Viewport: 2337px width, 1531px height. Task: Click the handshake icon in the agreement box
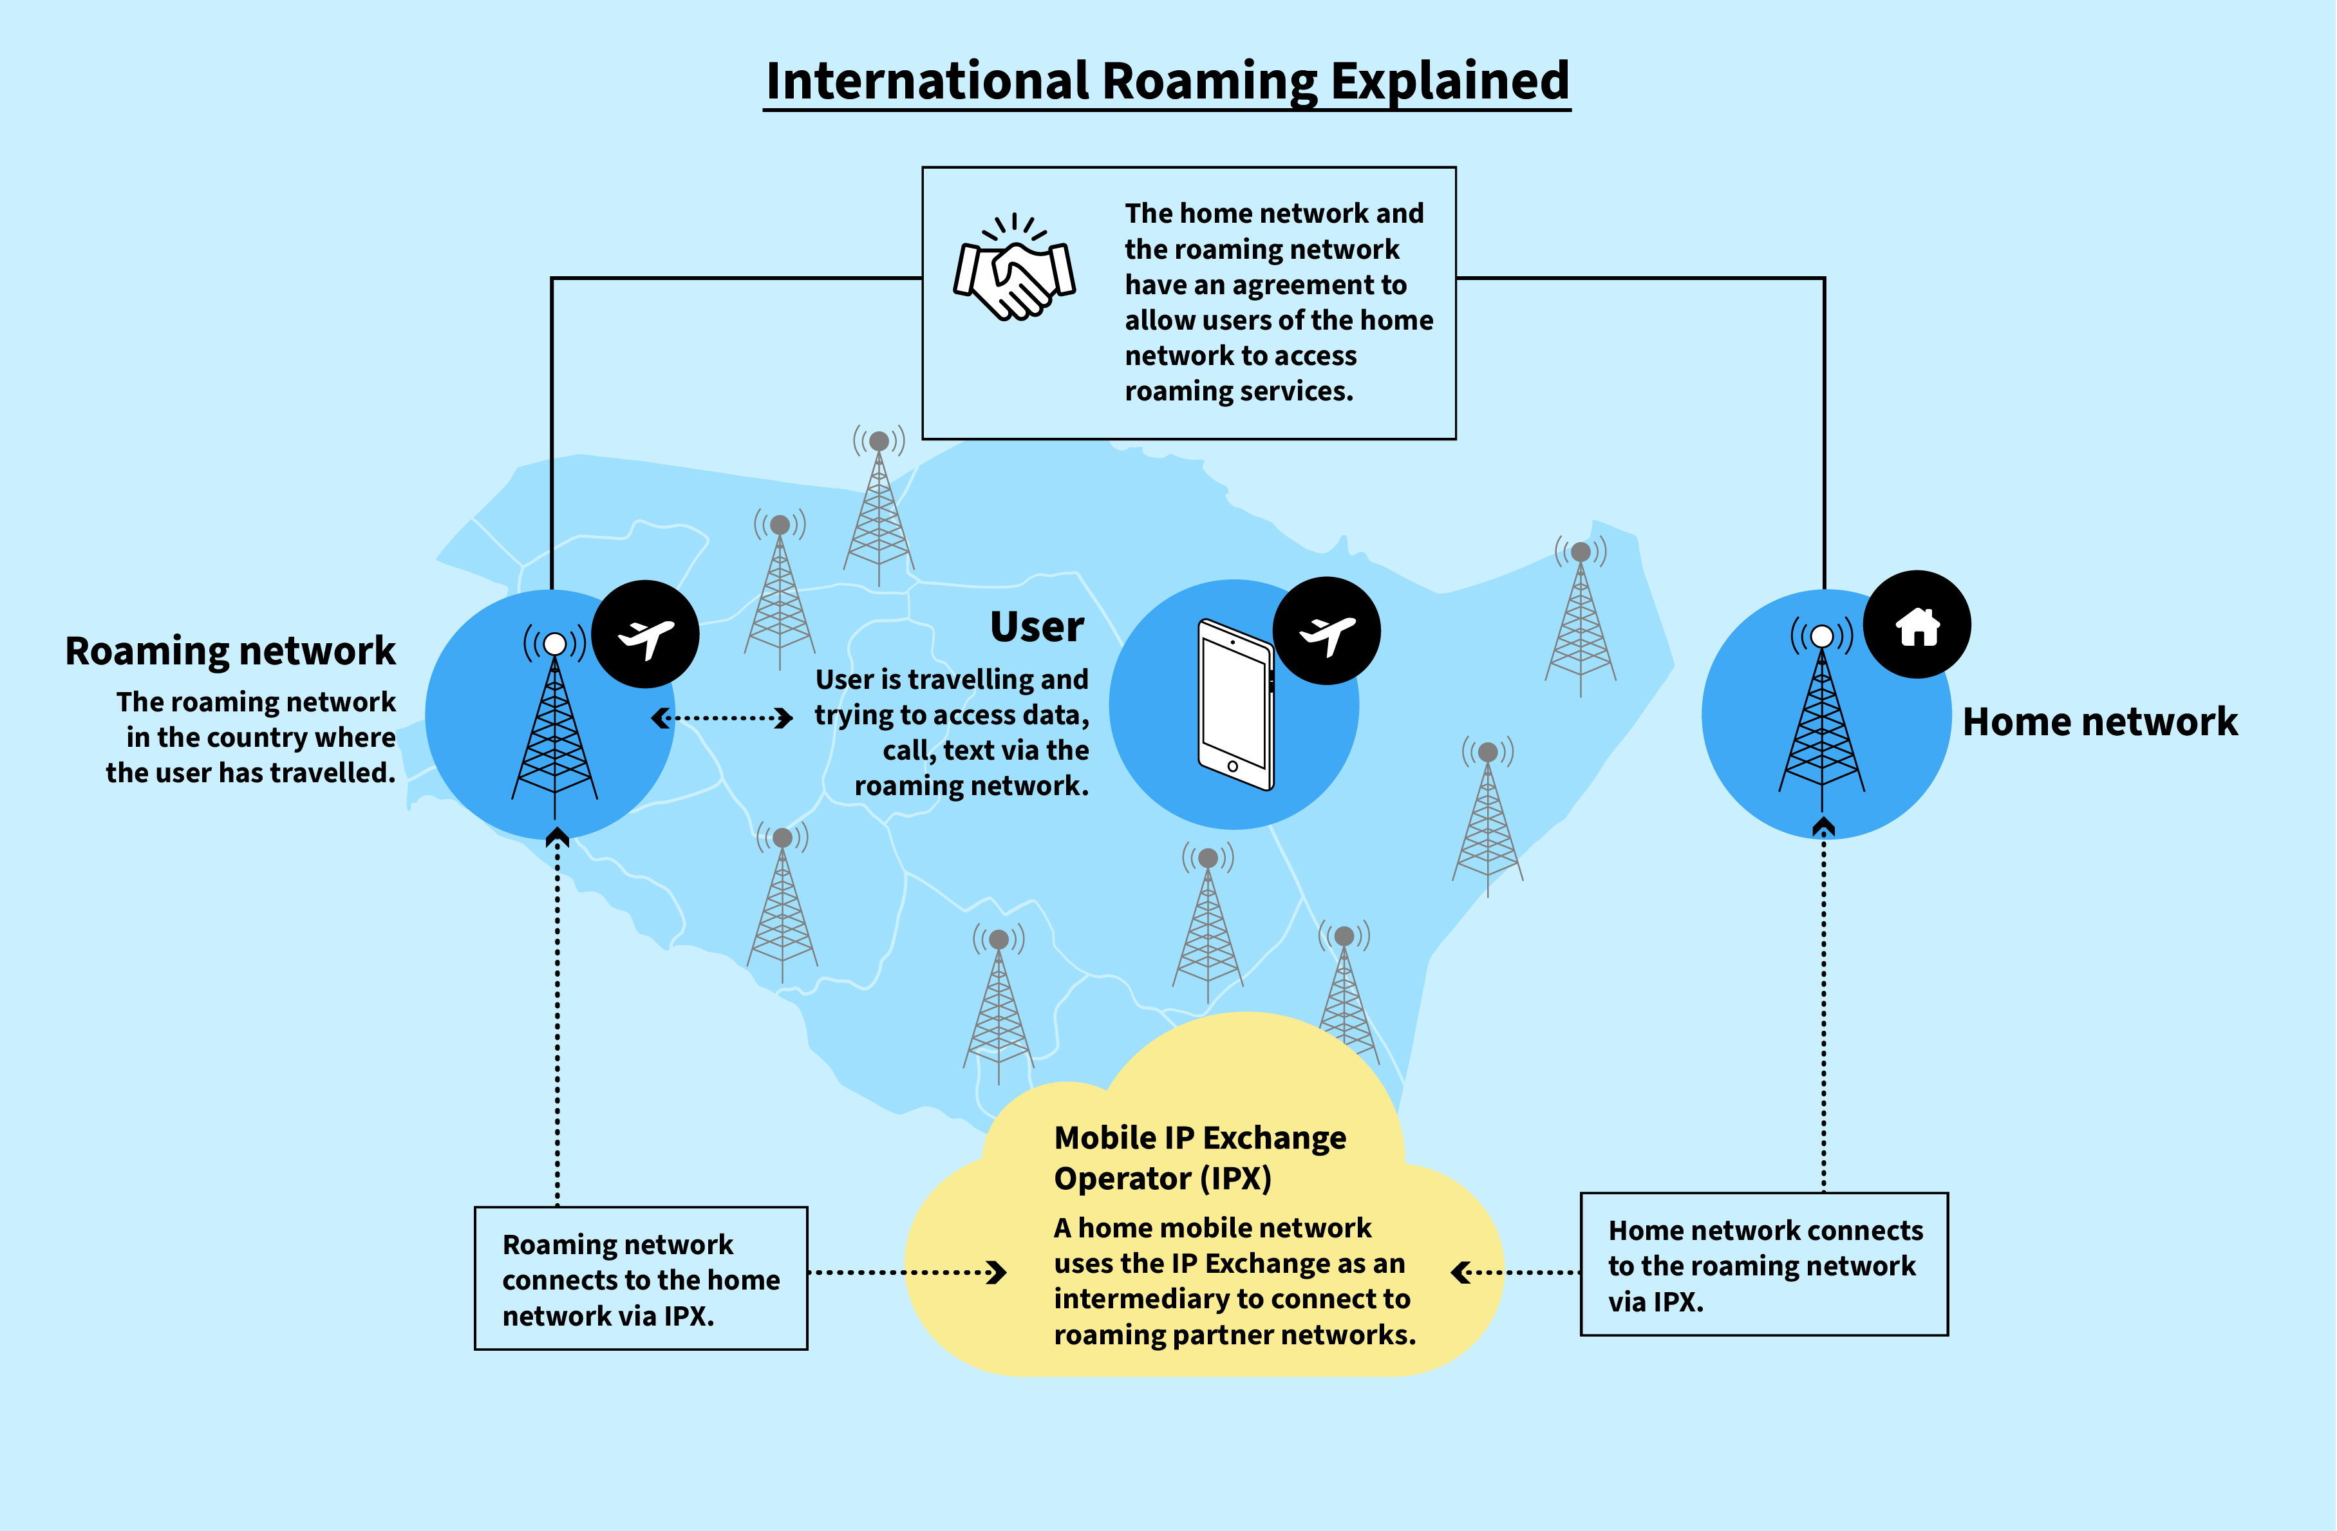[x=1015, y=269]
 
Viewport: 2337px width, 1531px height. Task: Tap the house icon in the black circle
[x=1917, y=626]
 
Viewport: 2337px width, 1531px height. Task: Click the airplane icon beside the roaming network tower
[x=646, y=635]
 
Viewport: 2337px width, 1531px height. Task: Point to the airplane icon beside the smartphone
[x=1327, y=632]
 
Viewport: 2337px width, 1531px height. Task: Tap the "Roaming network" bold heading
[x=230, y=651]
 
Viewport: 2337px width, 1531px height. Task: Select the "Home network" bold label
[x=2099, y=722]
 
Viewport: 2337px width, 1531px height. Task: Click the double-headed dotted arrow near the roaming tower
[x=722, y=718]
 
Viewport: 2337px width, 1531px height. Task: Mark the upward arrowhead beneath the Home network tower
[x=1823, y=826]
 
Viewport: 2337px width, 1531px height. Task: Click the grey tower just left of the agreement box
[x=879, y=506]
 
